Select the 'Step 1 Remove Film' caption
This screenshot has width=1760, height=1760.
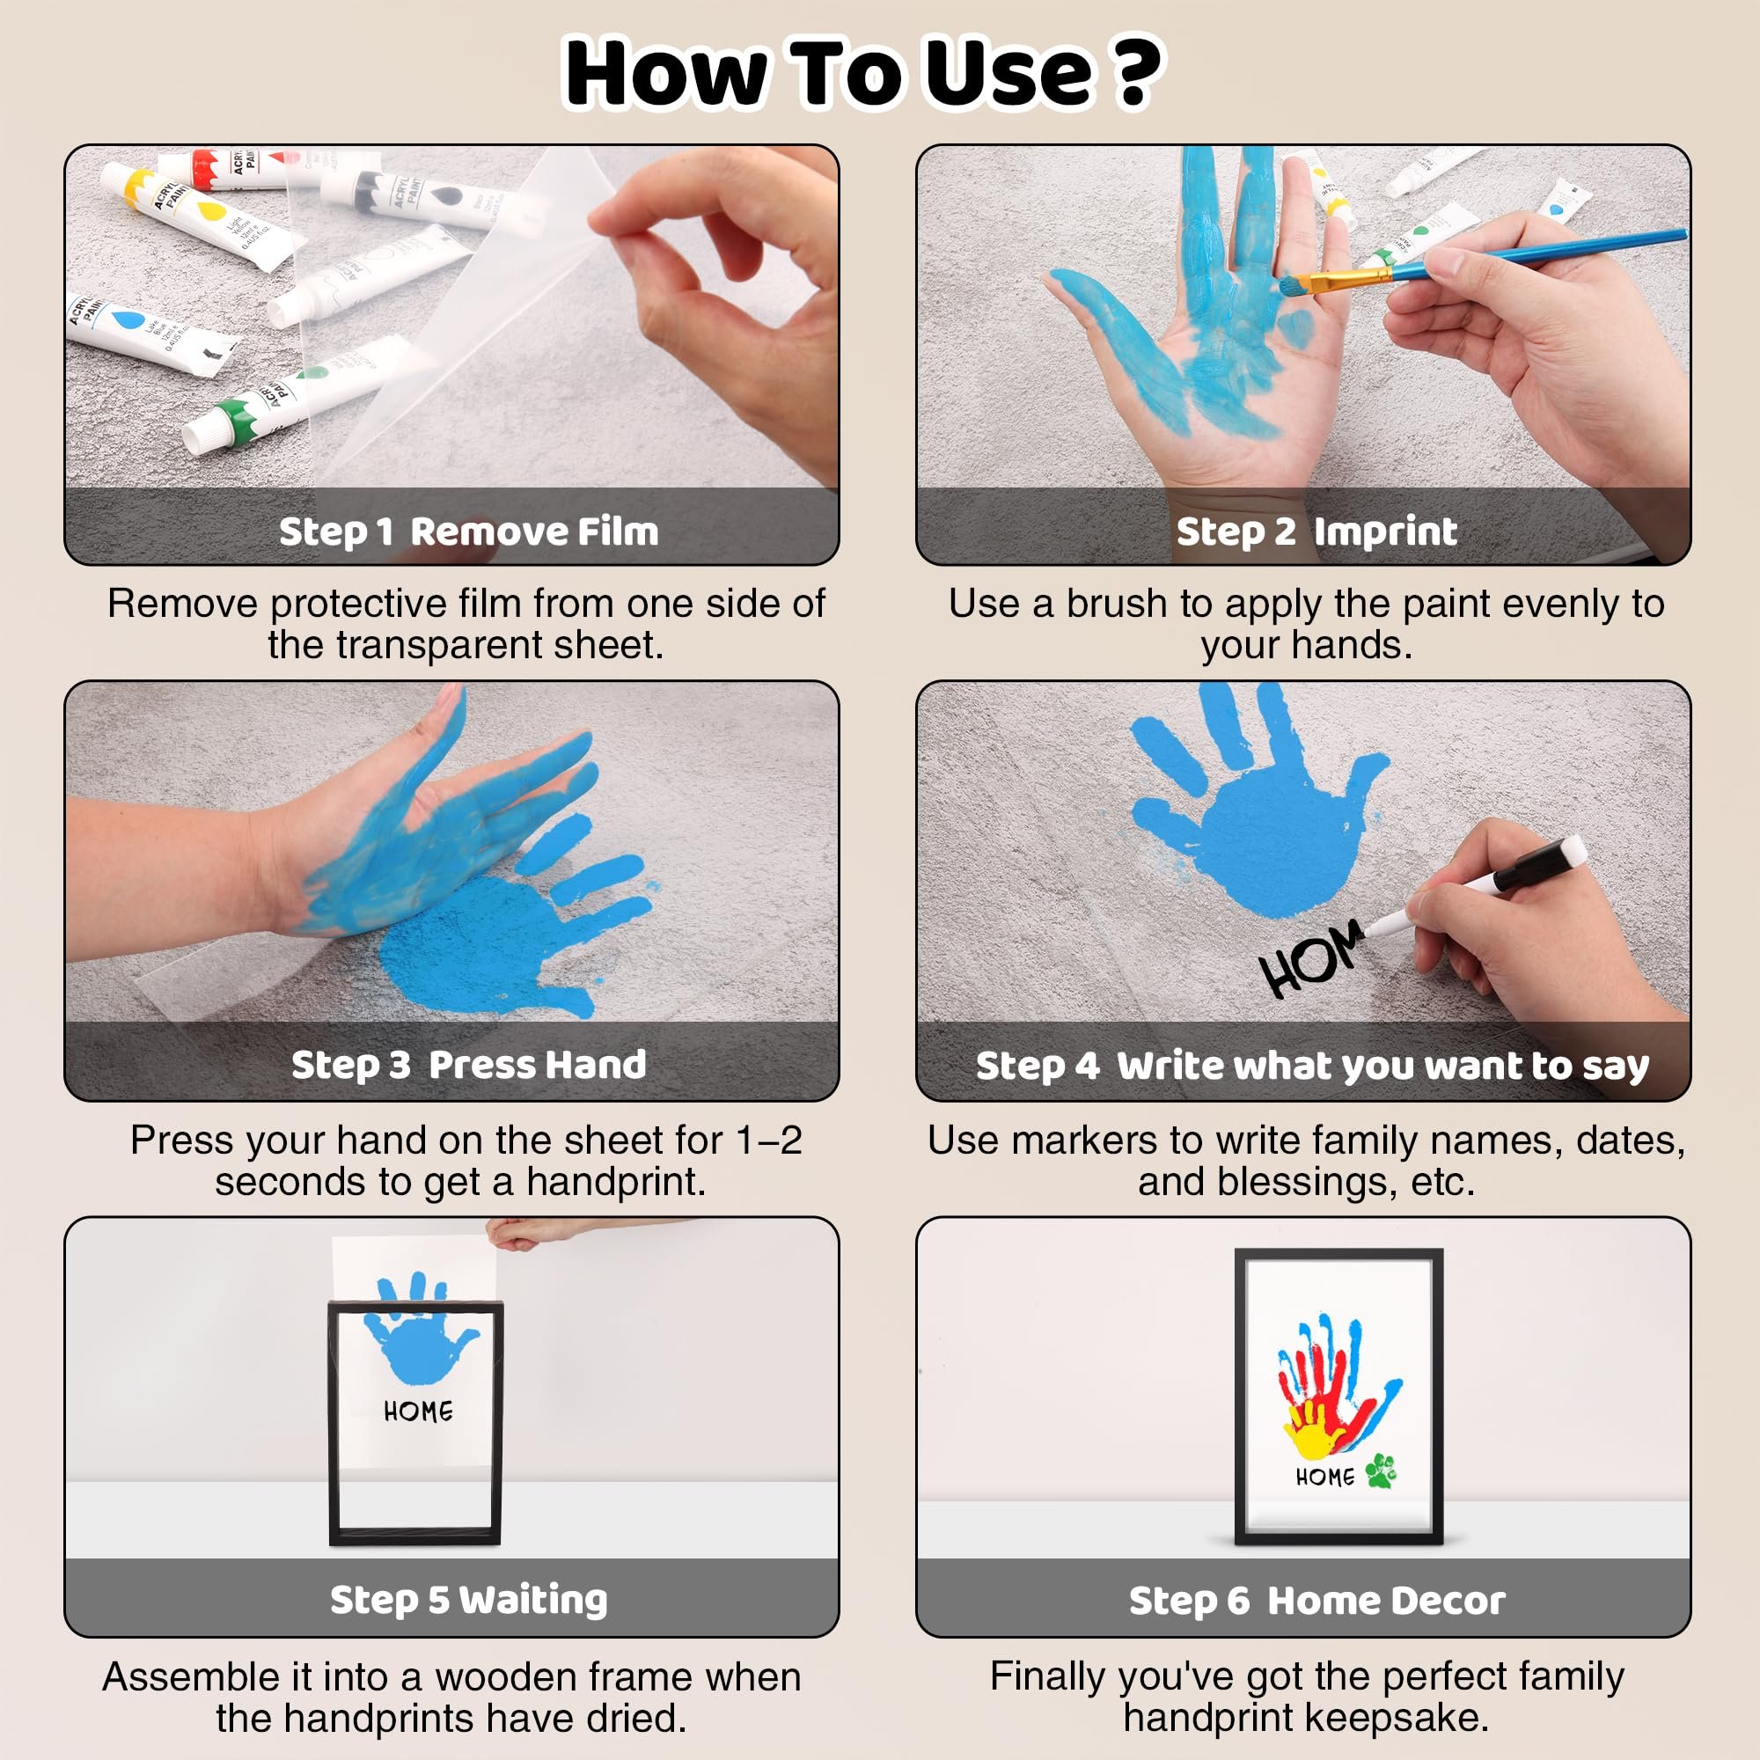(x=468, y=532)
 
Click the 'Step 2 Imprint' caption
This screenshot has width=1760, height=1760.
(x=1316, y=532)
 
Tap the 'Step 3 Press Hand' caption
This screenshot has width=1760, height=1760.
(x=468, y=1065)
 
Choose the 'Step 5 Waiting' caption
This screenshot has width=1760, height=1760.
(x=468, y=1600)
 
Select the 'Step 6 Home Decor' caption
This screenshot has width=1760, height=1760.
(x=1316, y=1601)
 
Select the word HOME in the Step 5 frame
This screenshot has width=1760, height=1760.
(x=418, y=1412)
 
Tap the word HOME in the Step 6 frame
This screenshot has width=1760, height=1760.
(x=1324, y=1477)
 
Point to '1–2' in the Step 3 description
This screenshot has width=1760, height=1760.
(x=769, y=1140)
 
